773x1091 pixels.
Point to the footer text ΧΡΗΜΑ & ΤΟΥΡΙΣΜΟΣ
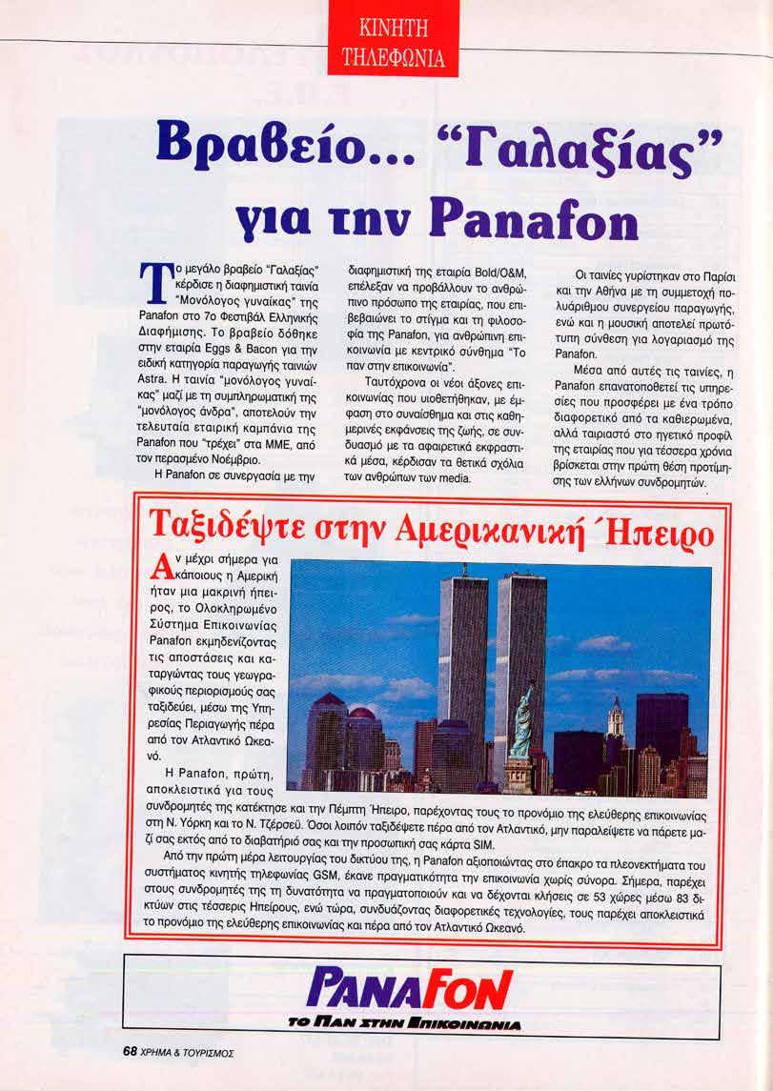(188, 1054)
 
